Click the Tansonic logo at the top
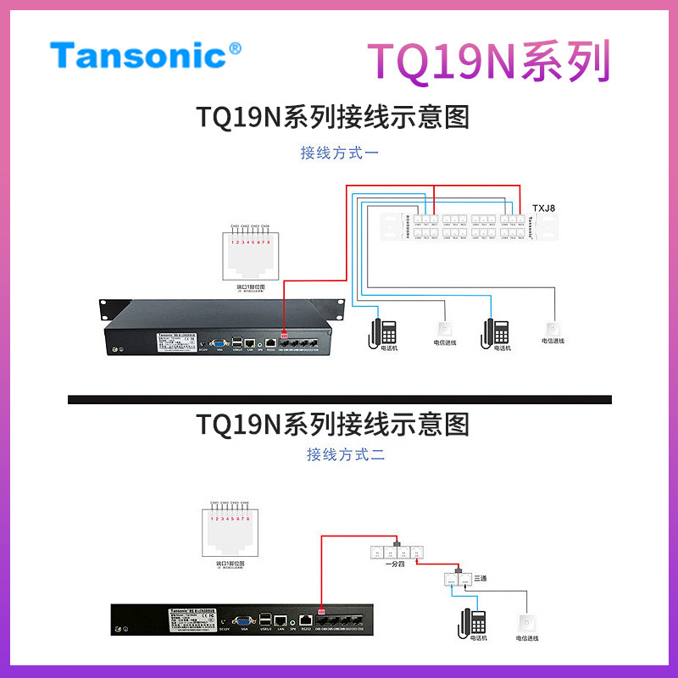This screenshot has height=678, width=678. point(139,55)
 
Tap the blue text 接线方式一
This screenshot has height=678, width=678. point(339,153)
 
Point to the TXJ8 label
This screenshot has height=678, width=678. point(543,208)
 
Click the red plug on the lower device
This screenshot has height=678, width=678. point(321,613)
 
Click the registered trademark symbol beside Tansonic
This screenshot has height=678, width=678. point(235,48)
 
